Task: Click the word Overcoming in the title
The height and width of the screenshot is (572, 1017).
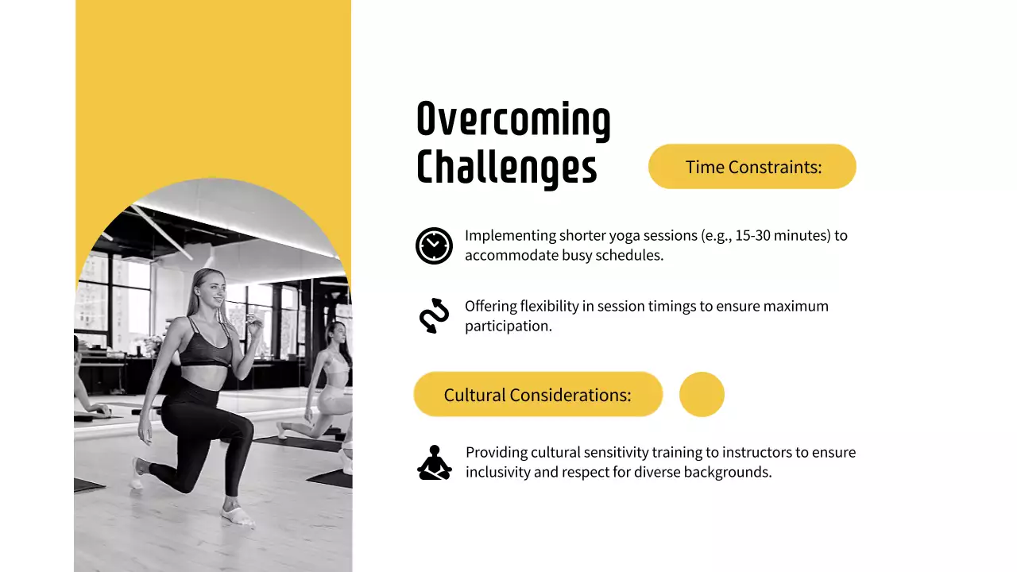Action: [513, 120]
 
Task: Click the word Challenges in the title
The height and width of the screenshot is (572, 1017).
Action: [506, 167]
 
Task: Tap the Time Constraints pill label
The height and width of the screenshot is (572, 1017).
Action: [752, 167]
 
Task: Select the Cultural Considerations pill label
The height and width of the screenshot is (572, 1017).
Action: [537, 395]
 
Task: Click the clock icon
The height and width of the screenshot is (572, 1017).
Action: [434, 245]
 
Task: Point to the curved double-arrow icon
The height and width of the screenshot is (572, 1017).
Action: [434, 315]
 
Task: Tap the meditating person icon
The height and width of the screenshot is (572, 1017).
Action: [434, 462]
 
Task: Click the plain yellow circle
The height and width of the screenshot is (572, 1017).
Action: [702, 394]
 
